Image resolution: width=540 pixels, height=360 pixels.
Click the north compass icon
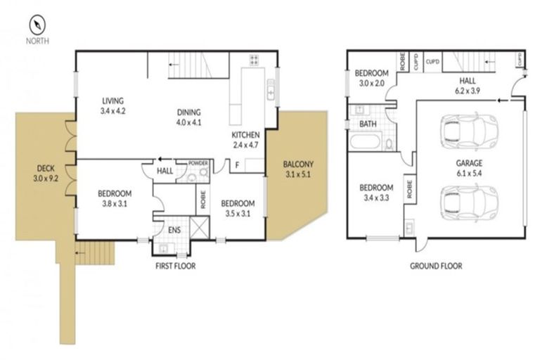point(37,26)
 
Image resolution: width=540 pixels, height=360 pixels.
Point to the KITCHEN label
point(246,140)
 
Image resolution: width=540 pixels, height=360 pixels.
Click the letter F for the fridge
point(237,166)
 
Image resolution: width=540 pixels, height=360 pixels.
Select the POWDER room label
point(198,163)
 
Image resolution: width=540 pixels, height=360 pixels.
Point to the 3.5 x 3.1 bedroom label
point(237,208)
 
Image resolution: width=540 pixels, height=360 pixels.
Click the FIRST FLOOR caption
point(175,266)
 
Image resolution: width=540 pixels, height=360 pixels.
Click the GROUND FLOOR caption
point(436,266)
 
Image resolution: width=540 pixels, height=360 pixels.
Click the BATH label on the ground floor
point(368,124)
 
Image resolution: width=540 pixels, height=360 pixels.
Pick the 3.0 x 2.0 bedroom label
point(372,78)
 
